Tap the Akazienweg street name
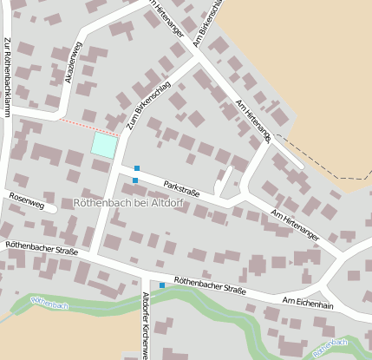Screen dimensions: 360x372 coord(75,62)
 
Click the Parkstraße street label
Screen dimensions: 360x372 coord(182,187)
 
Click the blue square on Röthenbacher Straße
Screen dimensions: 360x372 coord(161,285)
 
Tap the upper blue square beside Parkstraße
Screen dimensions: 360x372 coord(137,167)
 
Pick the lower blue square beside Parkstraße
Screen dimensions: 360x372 coord(134,180)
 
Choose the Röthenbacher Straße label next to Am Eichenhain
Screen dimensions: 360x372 coord(209,286)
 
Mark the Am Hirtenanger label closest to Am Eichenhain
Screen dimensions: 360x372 coord(295,224)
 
